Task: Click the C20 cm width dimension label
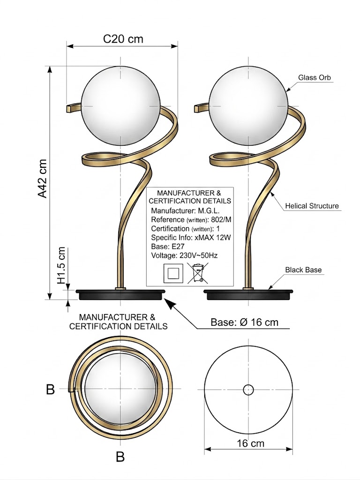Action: click(x=123, y=38)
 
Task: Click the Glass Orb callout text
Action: click(x=315, y=77)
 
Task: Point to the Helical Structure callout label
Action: click(x=312, y=206)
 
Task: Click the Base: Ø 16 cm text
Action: click(x=244, y=322)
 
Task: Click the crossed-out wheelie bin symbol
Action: click(x=198, y=273)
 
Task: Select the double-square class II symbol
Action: click(x=172, y=273)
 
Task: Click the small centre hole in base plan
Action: click(x=248, y=389)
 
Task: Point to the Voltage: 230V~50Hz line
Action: click(x=184, y=255)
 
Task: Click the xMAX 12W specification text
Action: click(x=214, y=238)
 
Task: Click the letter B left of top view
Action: click(x=51, y=389)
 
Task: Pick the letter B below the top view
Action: click(x=120, y=457)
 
